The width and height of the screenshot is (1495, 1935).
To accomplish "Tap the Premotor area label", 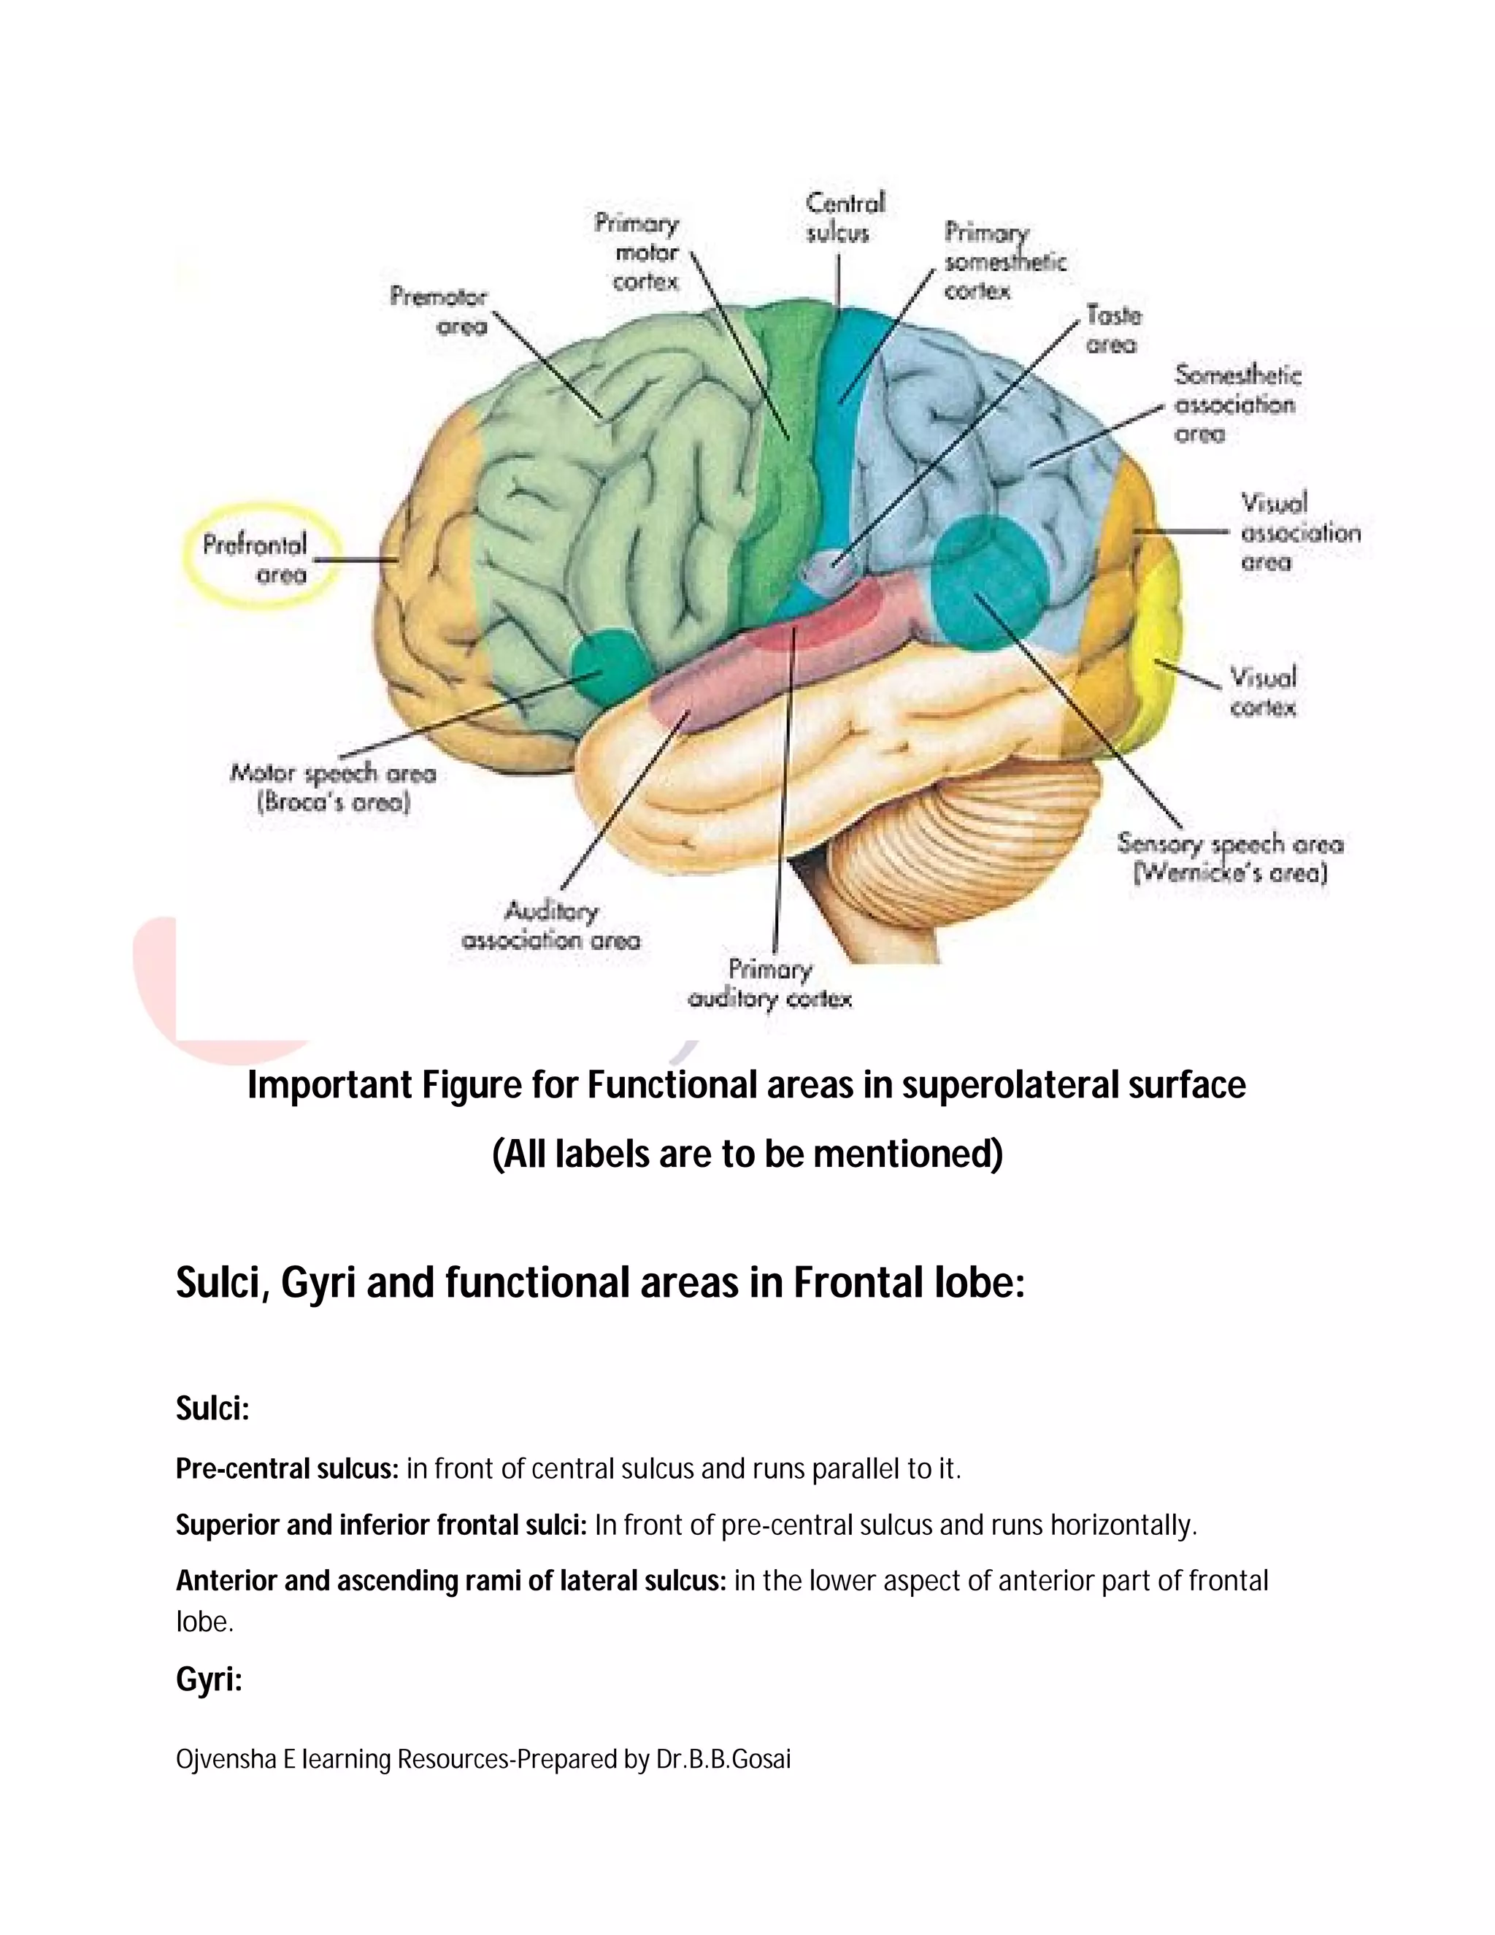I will click(439, 311).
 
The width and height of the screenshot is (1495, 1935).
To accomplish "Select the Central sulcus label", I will click(844, 218).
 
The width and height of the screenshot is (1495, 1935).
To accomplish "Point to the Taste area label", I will click(1113, 329).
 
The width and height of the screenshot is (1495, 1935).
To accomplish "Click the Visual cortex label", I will click(1263, 692).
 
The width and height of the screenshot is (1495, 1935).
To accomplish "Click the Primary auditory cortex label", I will click(769, 984).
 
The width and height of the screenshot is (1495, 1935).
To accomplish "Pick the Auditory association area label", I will click(551, 926).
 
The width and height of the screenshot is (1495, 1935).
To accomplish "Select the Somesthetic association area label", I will click(1237, 404).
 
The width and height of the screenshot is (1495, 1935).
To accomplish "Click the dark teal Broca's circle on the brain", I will click(609, 663).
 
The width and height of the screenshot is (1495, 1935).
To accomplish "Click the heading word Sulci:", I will click(212, 1409).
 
